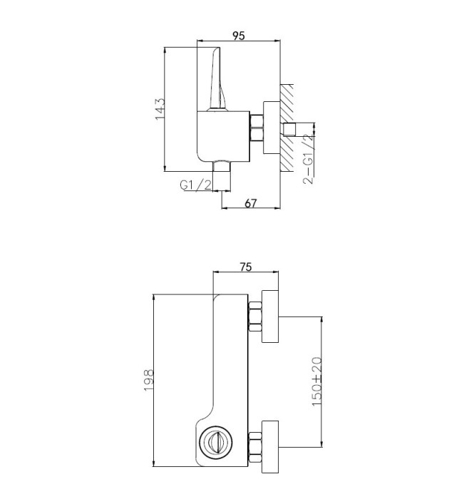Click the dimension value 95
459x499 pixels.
(x=239, y=36)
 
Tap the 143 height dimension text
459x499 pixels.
(x=160, y=109)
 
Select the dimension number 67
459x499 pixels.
(x=251, y=203)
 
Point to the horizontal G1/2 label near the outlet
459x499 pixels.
(x=195, y=185)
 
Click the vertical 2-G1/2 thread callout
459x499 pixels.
(x=308, y=159)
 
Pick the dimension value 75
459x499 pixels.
(x=246, y=267)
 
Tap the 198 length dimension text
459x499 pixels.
(x=149, y=380)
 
